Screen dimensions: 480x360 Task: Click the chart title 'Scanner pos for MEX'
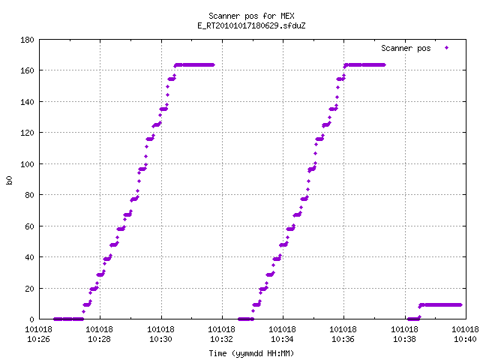251,16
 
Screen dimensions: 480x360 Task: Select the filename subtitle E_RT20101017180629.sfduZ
251,25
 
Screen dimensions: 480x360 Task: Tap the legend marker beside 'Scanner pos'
447,48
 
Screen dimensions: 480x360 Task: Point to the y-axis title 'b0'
10,180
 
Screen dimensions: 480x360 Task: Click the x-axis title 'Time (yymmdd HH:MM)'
251,353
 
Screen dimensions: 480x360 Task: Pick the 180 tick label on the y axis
27,40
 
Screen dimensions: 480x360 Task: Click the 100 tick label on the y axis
27,164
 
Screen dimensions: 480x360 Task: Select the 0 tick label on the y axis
31,319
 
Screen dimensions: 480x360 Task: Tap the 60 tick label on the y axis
29,226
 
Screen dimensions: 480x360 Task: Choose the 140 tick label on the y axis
27,102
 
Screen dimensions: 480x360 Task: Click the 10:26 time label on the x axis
38,339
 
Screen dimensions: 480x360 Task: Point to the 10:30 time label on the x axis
160,339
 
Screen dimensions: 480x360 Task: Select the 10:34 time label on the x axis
282,339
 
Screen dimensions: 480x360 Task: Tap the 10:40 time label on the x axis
465,339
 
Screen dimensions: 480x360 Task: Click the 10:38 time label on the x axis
404,339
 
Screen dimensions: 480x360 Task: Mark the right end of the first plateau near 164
213,65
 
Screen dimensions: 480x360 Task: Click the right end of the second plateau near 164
384,65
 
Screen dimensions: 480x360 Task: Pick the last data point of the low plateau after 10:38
460,305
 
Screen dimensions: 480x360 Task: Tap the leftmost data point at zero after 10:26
55,319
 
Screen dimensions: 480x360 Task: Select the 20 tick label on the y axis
29,288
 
